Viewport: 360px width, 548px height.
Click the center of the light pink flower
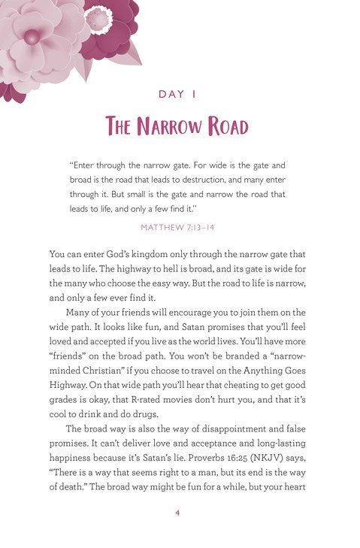tap(31, 35)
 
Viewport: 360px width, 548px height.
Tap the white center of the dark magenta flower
tap(98, 17)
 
